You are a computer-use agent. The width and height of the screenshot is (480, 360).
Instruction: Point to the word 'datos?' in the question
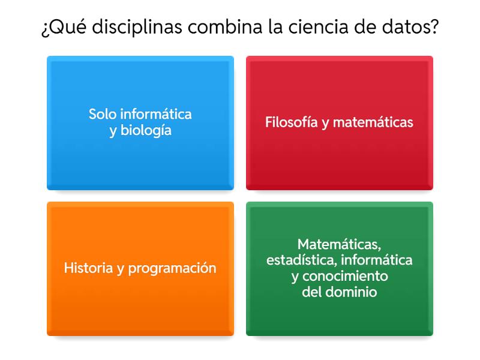point(413,28)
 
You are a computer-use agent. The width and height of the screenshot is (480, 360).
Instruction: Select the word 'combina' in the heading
point(230,28)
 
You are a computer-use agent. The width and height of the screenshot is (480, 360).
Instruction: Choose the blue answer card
point(140,123)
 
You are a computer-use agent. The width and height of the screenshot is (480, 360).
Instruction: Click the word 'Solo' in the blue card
point(103,113)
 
